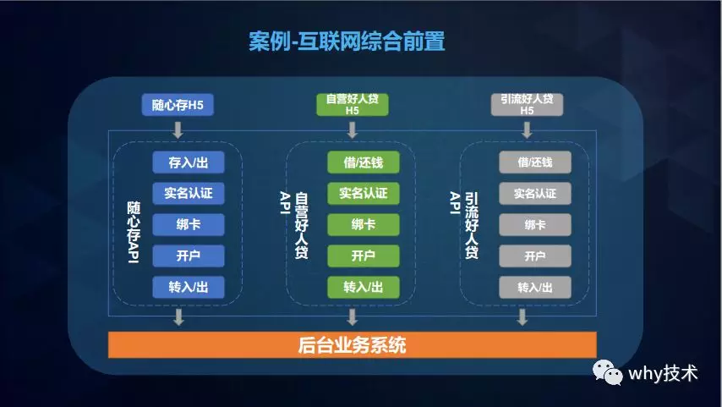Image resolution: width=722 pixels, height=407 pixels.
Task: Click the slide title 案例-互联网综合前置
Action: click(347, 41)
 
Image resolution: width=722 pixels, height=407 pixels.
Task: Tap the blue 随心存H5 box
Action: click(178, 105)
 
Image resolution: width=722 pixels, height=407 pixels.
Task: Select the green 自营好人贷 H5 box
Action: click(353, 105)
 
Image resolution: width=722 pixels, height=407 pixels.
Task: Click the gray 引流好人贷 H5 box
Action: click(527, 105)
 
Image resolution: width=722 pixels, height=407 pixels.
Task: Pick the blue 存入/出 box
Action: click(189, 162)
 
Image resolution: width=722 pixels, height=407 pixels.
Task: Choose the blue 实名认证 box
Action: click(189, 193)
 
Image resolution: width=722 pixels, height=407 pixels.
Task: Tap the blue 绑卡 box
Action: click(189, 224)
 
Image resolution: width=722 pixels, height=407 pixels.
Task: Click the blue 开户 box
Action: click(189, 256)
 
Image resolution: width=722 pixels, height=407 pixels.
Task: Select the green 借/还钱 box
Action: click(364, 162)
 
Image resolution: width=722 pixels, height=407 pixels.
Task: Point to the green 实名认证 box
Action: click(364, 193)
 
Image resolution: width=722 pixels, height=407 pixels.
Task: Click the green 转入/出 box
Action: click(364, 287)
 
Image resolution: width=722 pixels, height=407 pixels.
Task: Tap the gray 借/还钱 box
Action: click(535, 162)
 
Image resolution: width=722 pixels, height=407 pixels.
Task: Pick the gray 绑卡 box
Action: click(535, 224)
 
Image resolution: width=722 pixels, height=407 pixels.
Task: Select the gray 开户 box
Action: click(535, 256)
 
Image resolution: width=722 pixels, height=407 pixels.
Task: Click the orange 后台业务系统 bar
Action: click(353, 344)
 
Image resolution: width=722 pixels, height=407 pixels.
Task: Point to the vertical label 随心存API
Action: click(134, 232)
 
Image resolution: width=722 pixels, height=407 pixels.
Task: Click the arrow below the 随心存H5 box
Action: click(178, 130)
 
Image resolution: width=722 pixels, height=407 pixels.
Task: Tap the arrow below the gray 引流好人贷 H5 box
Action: click(527, 130)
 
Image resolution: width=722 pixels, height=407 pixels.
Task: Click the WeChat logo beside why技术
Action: click(607, 372)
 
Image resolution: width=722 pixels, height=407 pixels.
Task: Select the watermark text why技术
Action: click(663, 373)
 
